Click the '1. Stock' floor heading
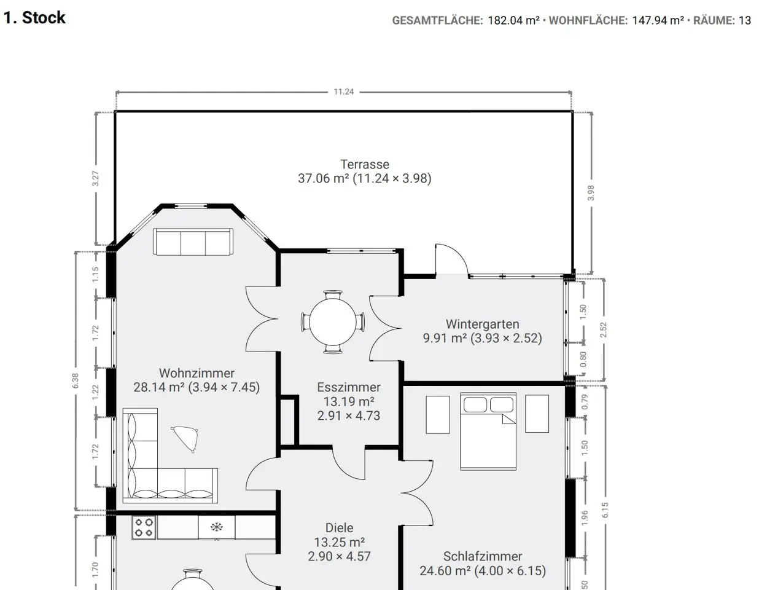tap(34, 18)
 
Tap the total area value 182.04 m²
tap(513, 20)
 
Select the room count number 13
tap(745, 20)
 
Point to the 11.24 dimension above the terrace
tap(343, 92)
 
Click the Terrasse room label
tap(365, 164)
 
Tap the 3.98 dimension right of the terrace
tap(591, 193)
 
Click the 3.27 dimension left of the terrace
tap(95, 179)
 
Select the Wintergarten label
tap(482, 324)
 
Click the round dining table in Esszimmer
tap(333, 321)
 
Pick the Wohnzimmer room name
tap(197, 373)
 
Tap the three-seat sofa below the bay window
tap(193, 242)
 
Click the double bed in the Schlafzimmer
tap(488, 431)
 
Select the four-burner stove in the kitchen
tap(144, 527)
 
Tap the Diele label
tap(339, 528)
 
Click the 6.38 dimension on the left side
tap(75, 380)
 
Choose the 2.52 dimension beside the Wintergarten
tap(603, 330)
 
